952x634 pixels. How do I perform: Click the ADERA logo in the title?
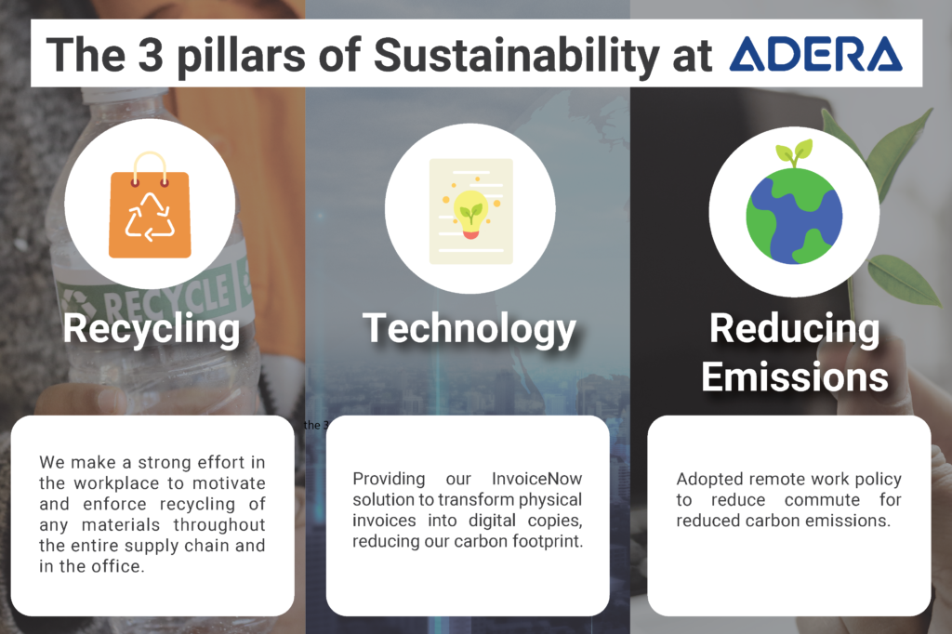pos(816,53)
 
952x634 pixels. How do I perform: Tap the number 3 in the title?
pos(151,54)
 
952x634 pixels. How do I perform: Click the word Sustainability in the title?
pos(517,56)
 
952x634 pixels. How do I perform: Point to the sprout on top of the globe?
pos(794,152)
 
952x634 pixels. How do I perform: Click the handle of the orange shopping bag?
pos(150,165)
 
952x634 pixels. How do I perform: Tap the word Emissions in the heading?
pos(795,376)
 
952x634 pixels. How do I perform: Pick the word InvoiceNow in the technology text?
pos(536,479)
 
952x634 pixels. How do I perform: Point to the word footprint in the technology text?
pos(548,541)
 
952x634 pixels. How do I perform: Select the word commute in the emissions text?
pos(822,500)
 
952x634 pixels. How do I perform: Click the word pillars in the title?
pos(241,56)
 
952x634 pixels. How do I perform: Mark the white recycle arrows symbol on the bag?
pos(150,217)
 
